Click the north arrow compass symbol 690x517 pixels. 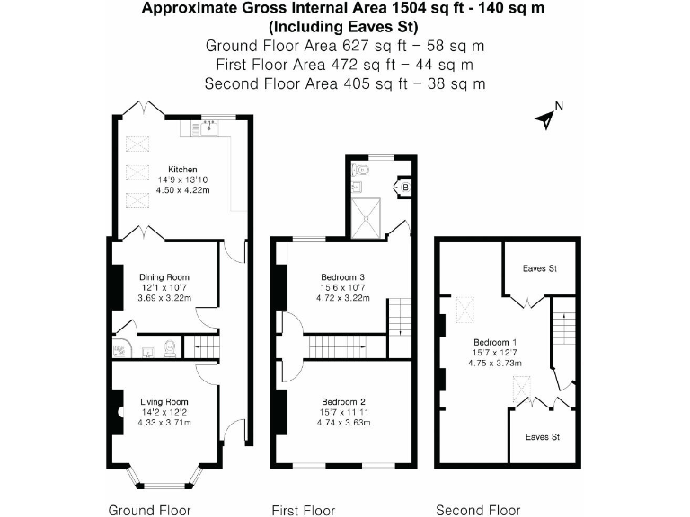[545, 118]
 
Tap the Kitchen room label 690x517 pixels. [182, 169]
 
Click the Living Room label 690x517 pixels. [164, 401]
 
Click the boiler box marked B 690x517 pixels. [404, 187]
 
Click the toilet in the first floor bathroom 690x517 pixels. [362, 168]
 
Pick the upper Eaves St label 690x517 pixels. [540, 268]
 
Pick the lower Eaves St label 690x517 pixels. [543, 437]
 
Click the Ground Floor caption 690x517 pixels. [149, 510]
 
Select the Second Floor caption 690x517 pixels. [478, 510]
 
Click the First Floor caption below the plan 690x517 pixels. [303, 510]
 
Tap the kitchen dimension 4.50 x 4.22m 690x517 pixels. [182, 190]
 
